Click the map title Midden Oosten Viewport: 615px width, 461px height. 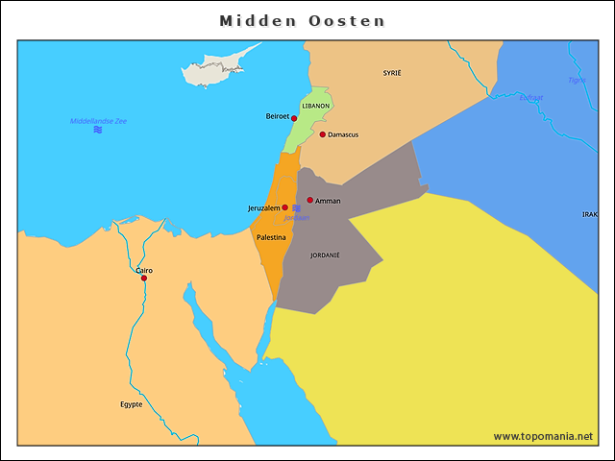pyautogui.click(x=302, y=20)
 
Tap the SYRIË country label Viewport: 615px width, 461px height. pyautogui.click(x=392, y=73)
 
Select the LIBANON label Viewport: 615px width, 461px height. pyautogui.click(x=316, y=106)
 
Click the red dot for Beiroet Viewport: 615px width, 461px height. pyautogui.click(x=294, y=119)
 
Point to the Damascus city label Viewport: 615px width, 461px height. pyautogui.click(x=343, y=134)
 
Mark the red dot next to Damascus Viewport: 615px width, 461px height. pyautogui.click(x=323, y=134)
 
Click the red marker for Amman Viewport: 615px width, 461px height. pyautogui.click(x=309, y=200)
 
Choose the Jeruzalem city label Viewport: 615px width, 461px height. pyautogui.click(x=263, y=207)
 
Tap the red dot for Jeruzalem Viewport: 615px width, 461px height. pyautogui.click(x=284, y=207)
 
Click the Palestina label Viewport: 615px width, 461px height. pyautogui.click(x=271, y=236)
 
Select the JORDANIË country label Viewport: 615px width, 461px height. pyautogui.click(x=325, y=255)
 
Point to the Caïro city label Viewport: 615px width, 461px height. pyautogui.click(x=143, y=270)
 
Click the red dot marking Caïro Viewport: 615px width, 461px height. pyautogui.click(x=143, y=279)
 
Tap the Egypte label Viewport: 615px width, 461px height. pyautogui.click(x=131, y=404)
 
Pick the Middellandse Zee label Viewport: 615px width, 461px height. pyautogui.click(x=98, y=121)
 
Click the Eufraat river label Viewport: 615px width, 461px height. pyautogui.click(x=530, y=97)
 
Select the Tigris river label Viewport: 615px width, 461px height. pyautogui.click(x=577, y=80)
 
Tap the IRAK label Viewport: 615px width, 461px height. pyautogui.click(x=589, y=214)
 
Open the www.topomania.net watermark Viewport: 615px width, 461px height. pyautogui.click(x=543, y=436)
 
